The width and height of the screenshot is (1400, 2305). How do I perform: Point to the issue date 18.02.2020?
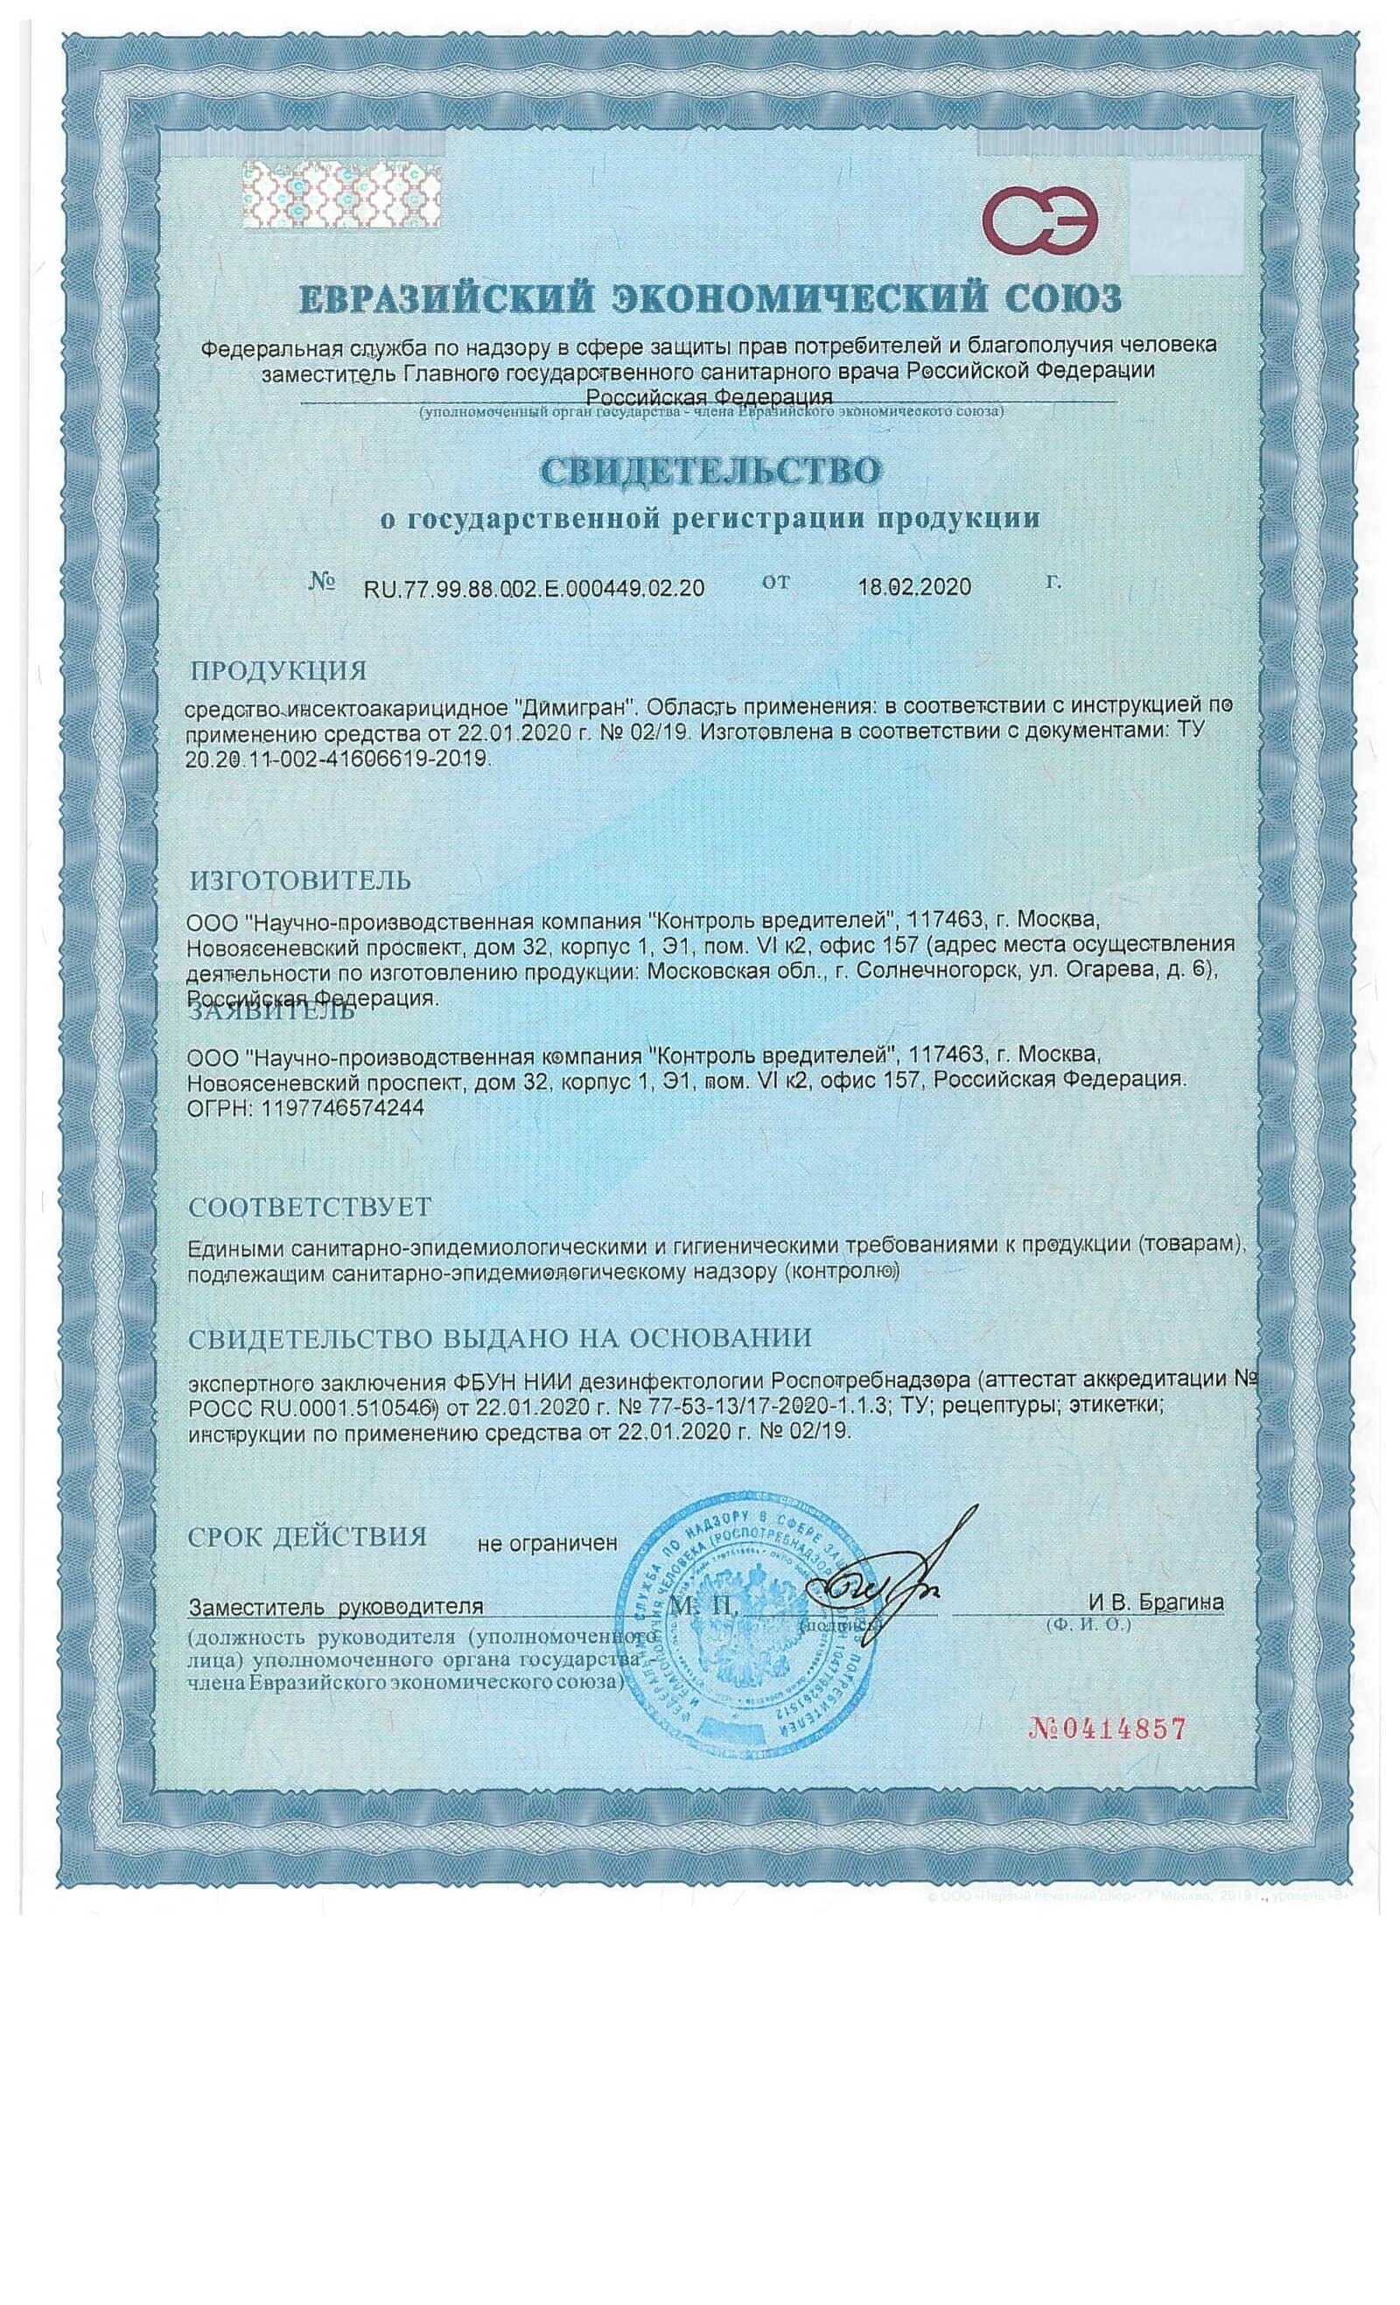coord(914,587)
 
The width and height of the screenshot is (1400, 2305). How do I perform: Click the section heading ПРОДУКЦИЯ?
coord(278,671)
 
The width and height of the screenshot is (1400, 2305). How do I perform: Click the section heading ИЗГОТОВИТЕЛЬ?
coord(299,880)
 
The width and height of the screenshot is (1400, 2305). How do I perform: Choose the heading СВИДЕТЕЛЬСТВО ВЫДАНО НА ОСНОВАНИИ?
coord(500,1338)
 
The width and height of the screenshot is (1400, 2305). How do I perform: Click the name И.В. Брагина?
coord(1155,1603)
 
